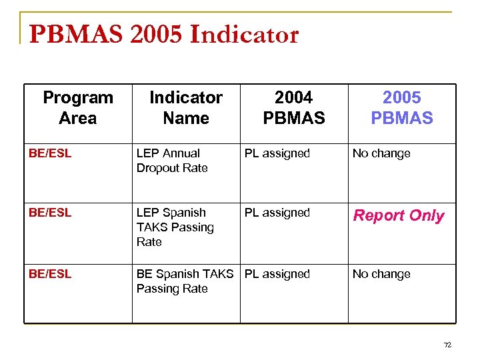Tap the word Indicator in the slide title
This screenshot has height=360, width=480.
244,35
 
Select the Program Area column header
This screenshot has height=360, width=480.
78,108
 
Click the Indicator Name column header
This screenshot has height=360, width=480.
186,108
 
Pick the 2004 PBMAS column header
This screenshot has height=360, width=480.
294,108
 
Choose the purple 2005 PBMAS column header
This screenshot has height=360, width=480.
402,108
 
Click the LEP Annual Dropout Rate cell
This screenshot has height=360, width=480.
172,161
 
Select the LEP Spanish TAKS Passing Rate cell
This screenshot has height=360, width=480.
175,227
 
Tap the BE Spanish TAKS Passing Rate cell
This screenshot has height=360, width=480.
185,281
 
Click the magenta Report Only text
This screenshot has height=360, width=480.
399,216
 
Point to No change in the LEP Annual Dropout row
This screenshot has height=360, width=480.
381,153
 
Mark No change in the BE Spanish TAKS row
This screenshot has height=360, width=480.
381,274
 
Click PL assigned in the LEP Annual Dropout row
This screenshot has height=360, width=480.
277,153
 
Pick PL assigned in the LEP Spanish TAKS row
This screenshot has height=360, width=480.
277,213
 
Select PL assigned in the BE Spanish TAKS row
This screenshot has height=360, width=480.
277,274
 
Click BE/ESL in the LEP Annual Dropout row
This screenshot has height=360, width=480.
50,153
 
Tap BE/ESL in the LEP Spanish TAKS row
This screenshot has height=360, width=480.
50,213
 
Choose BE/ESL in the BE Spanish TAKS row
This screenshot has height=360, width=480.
50,274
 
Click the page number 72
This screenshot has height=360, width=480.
447,345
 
